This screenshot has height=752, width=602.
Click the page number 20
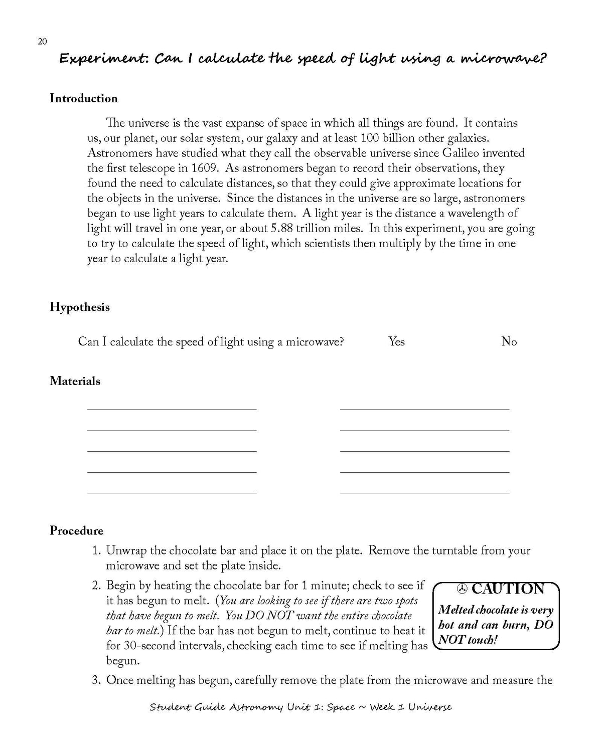(x=42, y=42)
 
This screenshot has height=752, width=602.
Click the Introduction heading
(x=83, y=98)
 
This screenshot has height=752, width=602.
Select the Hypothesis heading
(x=79, y=307)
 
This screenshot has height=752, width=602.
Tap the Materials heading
(x=75, y=381)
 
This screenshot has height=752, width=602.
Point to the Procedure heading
(x=76, y=530)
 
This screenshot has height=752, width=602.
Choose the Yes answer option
(x=396, y=342)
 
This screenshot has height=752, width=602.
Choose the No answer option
(x=509, y=342)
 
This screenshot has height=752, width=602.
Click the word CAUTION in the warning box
(x=508, y=589)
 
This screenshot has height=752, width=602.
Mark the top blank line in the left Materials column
(x=172, y=409)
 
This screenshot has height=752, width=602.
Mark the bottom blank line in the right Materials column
(x=424, y=492)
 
